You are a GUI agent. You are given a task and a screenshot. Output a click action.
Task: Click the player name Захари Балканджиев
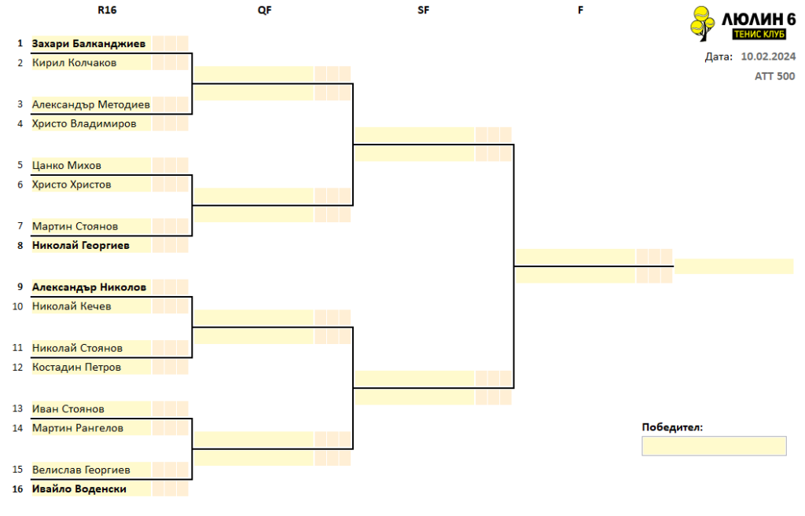tap(89, 44)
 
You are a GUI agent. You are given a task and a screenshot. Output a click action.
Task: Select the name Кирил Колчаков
tap(75, 63)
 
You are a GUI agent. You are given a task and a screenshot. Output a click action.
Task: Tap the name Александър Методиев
tap(91, 104)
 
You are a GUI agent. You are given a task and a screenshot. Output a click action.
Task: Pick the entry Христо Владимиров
tap(84, 123)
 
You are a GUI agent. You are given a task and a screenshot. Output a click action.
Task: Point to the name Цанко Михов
tap(67, 165)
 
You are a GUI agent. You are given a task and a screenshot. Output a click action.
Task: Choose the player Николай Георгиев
tap(81, 245)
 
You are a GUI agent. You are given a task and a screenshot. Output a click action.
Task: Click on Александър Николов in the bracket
tap(90, 287)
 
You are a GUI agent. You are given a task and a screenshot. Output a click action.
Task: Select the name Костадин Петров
tap(76, 368)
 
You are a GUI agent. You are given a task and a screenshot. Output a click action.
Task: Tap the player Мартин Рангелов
tap(78, 428)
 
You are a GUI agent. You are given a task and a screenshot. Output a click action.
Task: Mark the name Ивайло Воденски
tap(79, 489)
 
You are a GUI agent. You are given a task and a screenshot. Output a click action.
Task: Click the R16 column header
tap(107, 10)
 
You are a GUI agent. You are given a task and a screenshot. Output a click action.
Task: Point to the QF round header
tap(264, 10)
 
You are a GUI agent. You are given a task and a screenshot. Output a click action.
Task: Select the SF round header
tap(423, 10)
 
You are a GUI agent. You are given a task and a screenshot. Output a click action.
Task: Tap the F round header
tap(581, 10)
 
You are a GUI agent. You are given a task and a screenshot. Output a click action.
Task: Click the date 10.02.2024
tap(768, 57)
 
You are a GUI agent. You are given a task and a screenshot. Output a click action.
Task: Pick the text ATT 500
tap(774, 76)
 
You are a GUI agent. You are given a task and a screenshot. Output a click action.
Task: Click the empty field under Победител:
tap(714, 446)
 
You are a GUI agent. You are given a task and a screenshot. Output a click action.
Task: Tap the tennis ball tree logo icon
tap(702, 23)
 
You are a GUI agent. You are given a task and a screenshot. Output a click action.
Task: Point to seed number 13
tap(17, 409)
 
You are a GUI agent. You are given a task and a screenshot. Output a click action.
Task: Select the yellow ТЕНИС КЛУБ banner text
tap(759, 35)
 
